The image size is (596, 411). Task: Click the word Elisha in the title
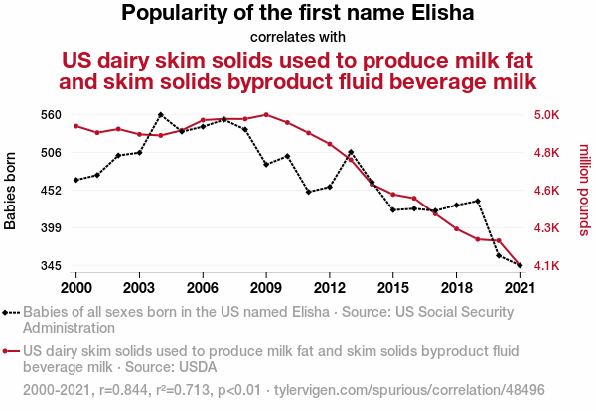pyautogui.click(x=437, y=14)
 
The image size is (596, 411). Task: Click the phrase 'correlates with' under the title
pyautogui.click(x=298, y=38)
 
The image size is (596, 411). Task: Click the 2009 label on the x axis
pyautogui.click(x=266, y=287)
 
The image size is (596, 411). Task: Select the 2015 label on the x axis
pyautogui.click(x=393, y=287)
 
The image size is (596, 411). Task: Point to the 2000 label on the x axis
pyautogui.click(x=75, y=287)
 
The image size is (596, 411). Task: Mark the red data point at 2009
pyautogui.click(x=266, y=115)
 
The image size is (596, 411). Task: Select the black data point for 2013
pyautogui.click(x=352, y=152)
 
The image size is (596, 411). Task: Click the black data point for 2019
pyautogui.click(x=479, y=202)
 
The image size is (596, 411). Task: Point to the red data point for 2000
pyautogui.click(x=75, y=126)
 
